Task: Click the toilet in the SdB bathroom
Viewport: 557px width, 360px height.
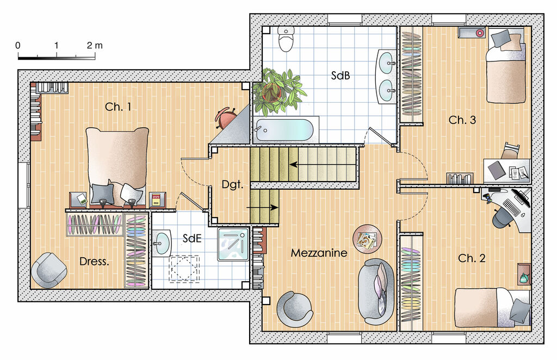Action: [x=286, y=39]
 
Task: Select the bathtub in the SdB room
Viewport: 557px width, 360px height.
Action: [x=284, y=130]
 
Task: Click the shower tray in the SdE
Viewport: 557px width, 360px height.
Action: [x=233, y=244]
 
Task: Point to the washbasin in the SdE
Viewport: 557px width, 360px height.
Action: [x=162, y=243]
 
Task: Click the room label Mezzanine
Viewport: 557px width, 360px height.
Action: [x=319, y=253]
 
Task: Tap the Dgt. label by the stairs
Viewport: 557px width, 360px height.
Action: [x=232, y=184]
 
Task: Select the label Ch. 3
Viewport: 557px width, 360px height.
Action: [x=462, y=120]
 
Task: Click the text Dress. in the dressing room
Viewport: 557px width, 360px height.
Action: [x=94, y=262]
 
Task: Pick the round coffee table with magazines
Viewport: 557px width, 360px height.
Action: [x=367, y=239]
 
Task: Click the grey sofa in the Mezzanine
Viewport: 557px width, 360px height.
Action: [x=376, y=291]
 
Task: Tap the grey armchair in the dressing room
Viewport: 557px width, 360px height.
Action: [x=48, y=270]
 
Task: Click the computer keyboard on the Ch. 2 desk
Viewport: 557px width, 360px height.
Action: [x=510, y=207]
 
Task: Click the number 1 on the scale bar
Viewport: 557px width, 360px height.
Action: [x=57, y=46]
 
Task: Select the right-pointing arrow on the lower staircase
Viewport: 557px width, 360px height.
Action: [x=262, y=207]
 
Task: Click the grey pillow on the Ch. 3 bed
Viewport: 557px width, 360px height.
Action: [x=500, y=38]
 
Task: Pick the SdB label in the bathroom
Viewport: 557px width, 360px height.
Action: [x=341, y=75]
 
